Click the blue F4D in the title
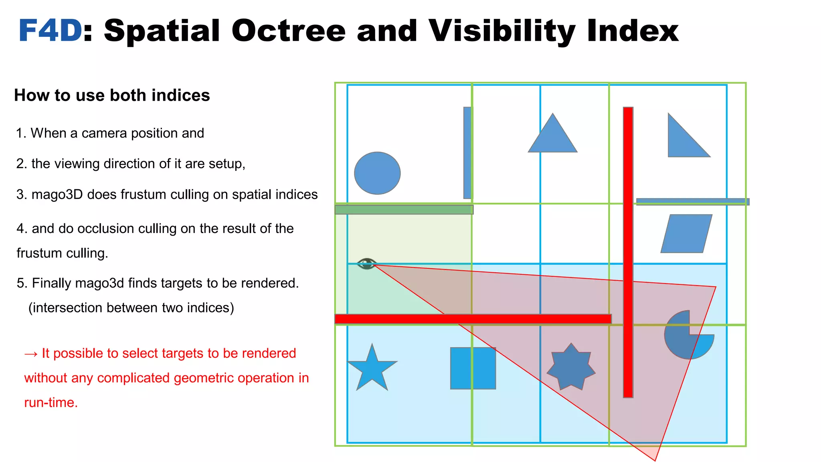50,31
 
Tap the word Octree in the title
288,31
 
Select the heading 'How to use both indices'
112,95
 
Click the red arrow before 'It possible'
31,354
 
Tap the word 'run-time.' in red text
51,403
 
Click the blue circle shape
377,173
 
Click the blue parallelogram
686,234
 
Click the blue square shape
473,368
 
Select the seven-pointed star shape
571,367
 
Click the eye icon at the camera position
366,264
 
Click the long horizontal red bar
473,319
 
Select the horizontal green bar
404,209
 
